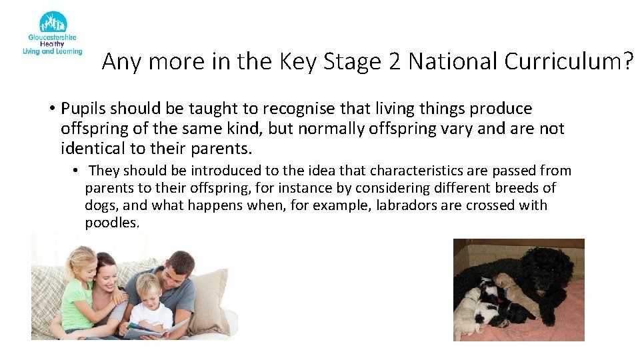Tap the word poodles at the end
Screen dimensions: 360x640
tap(111, 223)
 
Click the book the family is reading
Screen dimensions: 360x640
tap(153, 328)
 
